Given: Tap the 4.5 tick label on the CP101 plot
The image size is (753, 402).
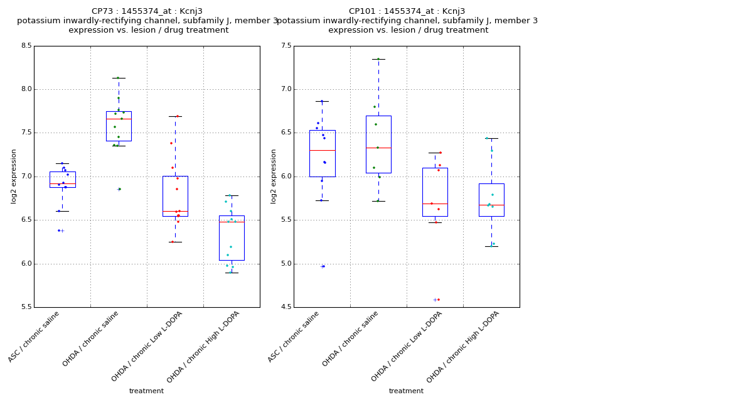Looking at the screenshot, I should (x=285, y=307).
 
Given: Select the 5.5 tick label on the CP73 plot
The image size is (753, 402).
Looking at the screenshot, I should (x=25, y=307).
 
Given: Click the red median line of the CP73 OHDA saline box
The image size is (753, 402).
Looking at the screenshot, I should (x=119, y=119).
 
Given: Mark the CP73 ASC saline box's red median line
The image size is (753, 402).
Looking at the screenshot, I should (x=62, y=183).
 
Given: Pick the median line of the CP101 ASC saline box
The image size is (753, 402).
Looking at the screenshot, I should (x=322, y=150).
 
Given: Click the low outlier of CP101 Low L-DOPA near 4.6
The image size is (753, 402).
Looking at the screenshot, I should (x=438, y=300).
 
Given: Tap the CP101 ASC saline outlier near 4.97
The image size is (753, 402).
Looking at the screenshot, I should (x=323, y=266).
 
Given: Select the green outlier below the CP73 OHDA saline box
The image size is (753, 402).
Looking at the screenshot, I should (x=119, y=189).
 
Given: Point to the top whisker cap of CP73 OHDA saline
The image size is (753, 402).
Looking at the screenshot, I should (x=119, y=78).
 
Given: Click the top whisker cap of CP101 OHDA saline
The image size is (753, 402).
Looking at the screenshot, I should (x=378, y=59).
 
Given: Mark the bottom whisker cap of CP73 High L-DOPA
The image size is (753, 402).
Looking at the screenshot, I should (x=232, y=273).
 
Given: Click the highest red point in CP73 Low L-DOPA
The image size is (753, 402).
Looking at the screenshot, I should (x=177, y=116).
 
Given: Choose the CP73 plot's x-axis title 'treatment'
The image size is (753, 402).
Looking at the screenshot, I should (x=146, y=391).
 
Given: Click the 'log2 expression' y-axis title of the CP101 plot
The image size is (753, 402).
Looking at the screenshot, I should (x=274, y=176).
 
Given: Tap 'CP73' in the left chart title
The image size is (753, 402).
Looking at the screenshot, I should (x=102, y=11).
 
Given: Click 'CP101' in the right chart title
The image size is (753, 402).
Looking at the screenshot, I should (x=362, y=11).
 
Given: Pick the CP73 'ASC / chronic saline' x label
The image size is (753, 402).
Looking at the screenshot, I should (x=35, y=337).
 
